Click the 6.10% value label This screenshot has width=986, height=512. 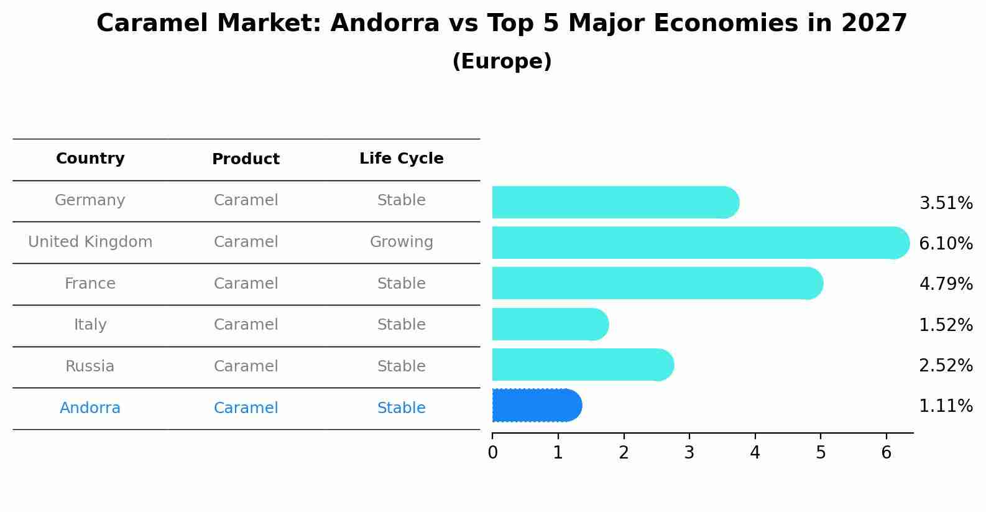click(946, 243)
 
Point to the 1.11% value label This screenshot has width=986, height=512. click(946, 406)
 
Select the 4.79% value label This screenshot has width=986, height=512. click(946, 284)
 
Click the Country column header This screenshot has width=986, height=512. click(90, 159)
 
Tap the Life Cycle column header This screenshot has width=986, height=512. click(402, 159)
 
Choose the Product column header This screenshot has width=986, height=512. click(246, 159)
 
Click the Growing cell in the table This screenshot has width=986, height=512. click(402, 242)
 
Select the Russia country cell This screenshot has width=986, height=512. click(90, 366)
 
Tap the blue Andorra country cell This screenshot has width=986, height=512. click(90, 408)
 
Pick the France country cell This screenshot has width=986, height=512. click(90, 284)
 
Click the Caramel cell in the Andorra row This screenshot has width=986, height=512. click(246, 408)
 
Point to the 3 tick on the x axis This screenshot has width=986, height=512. click(689, 452)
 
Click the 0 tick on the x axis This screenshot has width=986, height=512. click(492, 452)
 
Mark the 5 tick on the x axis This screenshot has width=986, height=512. click(821, 452)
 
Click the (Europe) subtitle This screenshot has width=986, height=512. click(502, 62)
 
